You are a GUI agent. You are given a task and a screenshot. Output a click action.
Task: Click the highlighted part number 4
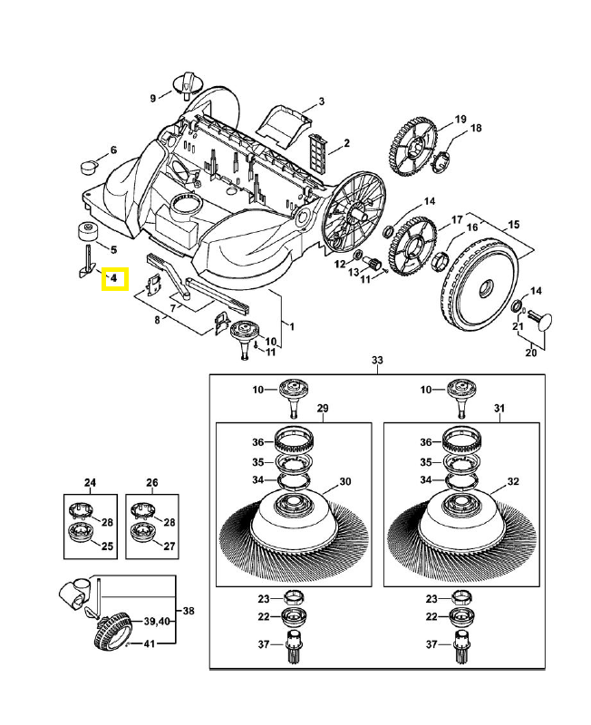coord(115,279)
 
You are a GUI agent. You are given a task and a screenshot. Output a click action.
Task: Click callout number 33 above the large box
coord(377,361)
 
